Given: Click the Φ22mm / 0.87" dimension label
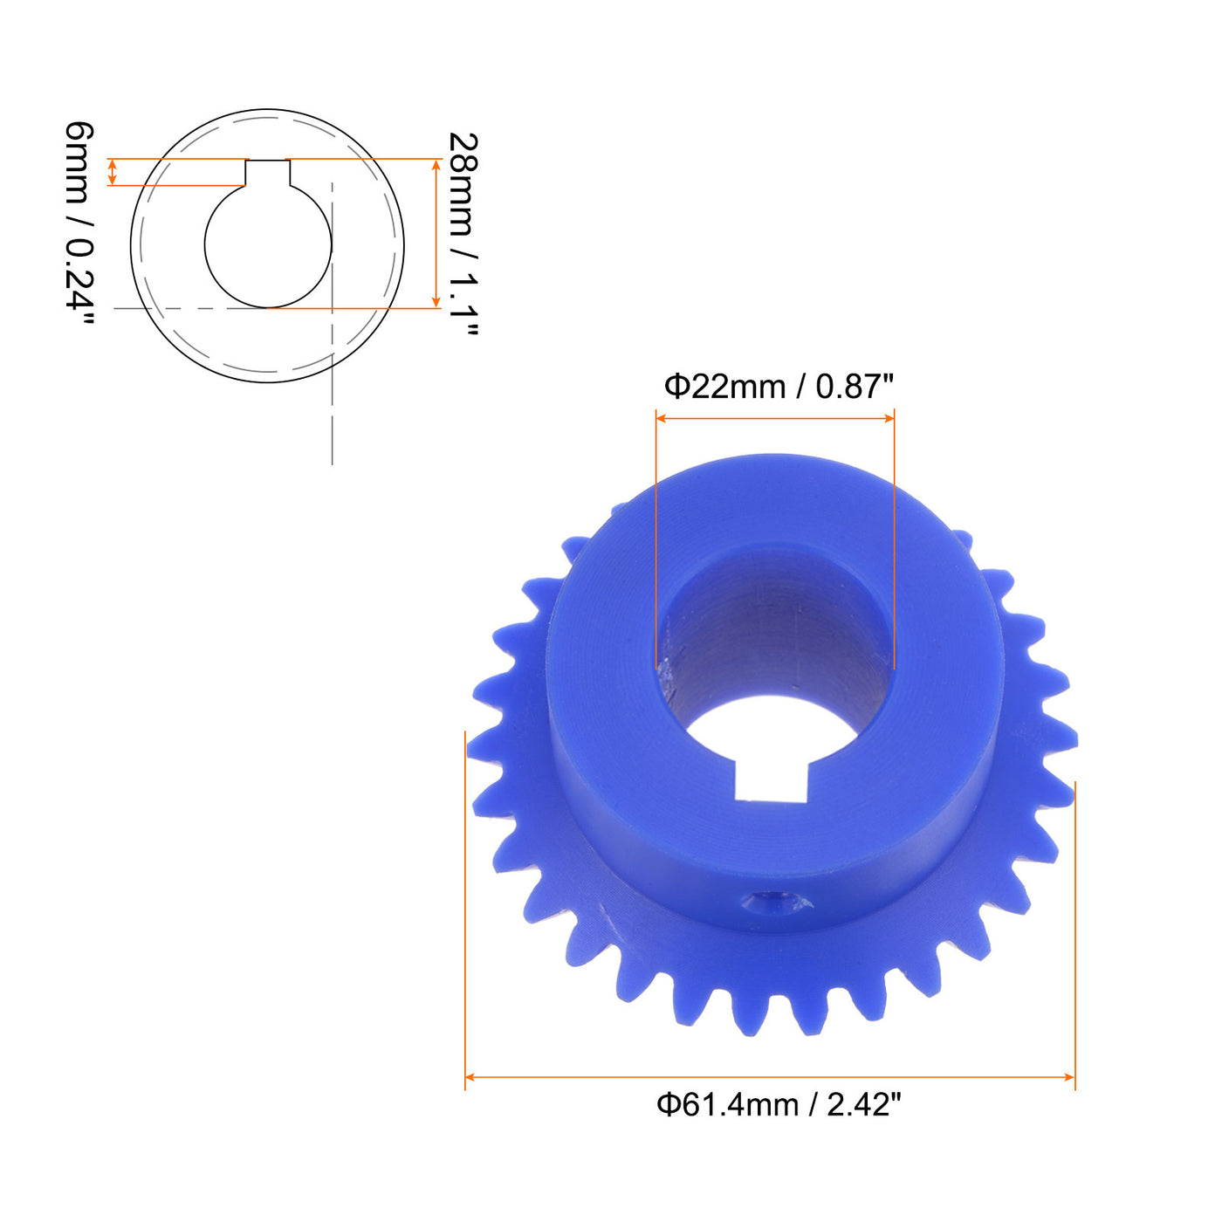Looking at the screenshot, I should click(779, 386).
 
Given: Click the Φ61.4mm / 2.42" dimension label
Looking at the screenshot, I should click(778, 1105).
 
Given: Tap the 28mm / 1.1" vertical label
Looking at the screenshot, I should click(463, 234).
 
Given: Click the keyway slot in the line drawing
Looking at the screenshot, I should click(267, 173).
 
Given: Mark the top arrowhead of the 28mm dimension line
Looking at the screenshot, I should click(436, 165).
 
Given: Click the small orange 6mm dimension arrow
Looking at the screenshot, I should click(112, 172).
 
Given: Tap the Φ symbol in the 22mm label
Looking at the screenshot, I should click(677, 386).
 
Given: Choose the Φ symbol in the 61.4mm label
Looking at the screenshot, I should click(669, 1105).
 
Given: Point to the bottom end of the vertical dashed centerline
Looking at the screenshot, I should click(333, 463).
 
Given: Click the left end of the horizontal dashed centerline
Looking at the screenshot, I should click(116, 308).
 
